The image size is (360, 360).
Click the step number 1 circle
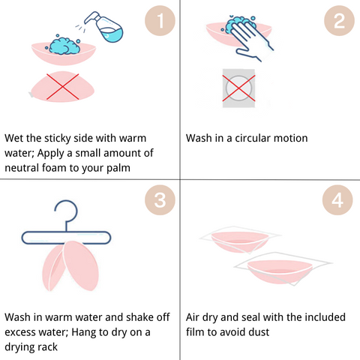(160, 20)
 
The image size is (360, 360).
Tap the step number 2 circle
(339, 20)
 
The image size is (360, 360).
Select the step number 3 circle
(160, 199)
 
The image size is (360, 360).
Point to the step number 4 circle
(337, 199)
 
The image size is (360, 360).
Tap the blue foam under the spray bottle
(64, 45)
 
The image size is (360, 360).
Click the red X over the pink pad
(62, 87)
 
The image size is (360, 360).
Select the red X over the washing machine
(238, 88)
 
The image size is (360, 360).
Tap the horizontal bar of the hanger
(66, 238)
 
